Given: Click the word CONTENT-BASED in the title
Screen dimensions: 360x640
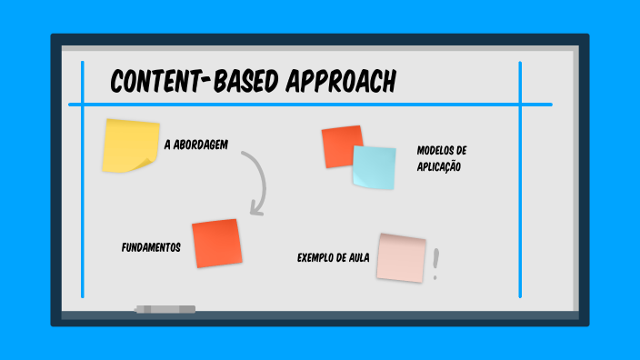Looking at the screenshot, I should coord(194,82).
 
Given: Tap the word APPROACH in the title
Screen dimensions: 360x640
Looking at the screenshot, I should coord(341,82).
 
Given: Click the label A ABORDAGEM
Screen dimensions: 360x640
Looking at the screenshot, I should coord(195,145).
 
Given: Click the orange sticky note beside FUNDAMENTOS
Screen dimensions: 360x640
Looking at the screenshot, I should coord(216,243).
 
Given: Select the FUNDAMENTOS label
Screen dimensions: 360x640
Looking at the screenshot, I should coord(151,247).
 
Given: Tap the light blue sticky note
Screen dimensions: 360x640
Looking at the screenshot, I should coord(374,167).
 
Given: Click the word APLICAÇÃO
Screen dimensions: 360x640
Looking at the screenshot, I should coord(439,166).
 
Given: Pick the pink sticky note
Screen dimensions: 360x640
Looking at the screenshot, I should coord(402,257).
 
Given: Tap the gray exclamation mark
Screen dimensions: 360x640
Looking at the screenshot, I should coord(436,264).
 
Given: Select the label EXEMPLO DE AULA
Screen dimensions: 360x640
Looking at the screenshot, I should coord(333,257).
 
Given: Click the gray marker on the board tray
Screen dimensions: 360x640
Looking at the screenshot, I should coord(165,309).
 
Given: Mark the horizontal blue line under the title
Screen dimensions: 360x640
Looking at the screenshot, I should coord(309,105).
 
